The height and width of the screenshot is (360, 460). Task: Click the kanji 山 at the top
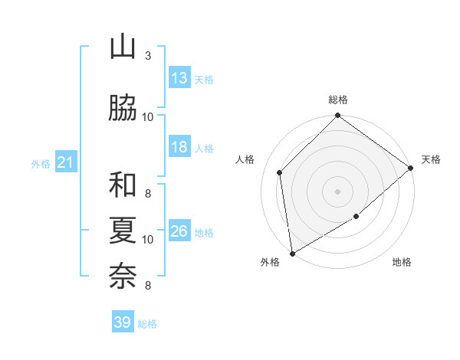pyautogui.click(x=123, y=47)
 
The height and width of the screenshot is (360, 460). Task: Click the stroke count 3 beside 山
pyautogui.click(x=148, y=56)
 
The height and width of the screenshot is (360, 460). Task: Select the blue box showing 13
pyautogui.click(x=179, y=78)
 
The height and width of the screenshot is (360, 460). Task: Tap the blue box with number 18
pyautogui.click(x=179, y=147)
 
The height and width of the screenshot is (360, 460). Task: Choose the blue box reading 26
pyautogui.click(x=179, y=231)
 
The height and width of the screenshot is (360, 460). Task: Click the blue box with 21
pyautogui.click(x=65, y=162)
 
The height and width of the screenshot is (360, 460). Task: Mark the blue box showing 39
pyautogui.click(x=122, y=322)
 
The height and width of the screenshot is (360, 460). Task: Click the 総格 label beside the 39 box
pyautogui.click(x=147, y=324)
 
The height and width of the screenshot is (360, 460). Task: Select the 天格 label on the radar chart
pyautogui.click(x=431, y=159)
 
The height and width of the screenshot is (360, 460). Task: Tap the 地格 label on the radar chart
pyautogui.click(x=402, y=262)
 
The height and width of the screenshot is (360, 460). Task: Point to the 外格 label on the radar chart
pyautogui.click(x=270, y=262)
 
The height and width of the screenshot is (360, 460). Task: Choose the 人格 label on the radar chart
pyautogui.click(x=245, y=159)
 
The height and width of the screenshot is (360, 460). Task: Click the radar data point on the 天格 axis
pyautogui.click(x=411, y=168)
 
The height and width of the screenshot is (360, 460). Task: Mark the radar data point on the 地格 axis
pyautogui.click(x=356, y=217)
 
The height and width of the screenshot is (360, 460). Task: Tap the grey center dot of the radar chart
pyautogui.click(x=337, y=191)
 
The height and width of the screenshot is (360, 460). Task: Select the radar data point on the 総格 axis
pyautogui.click(x=337, y=116)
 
